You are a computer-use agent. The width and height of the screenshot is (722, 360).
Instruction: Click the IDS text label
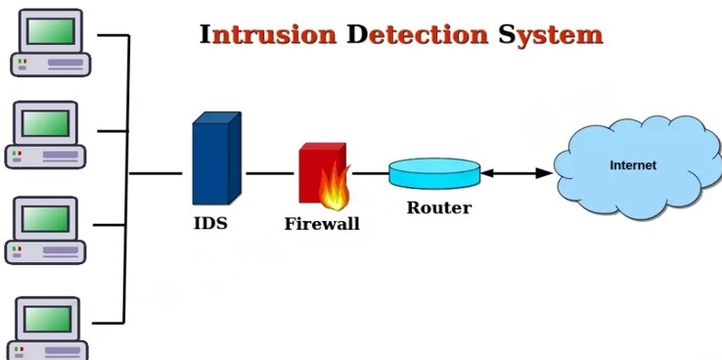click(209, 223)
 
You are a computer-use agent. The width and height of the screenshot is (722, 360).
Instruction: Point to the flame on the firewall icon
click(335, 189)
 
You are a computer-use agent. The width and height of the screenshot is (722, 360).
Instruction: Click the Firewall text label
click(322, 224)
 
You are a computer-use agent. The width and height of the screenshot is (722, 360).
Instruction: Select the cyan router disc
click(434, 174)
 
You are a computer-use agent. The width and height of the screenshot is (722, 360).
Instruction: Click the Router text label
click(438, 207)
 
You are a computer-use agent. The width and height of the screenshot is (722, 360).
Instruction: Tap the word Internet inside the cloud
click(633, 165)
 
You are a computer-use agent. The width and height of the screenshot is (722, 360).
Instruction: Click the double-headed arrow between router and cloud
click(517, 173)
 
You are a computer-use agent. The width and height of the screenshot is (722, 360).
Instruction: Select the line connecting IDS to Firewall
click(270, 173)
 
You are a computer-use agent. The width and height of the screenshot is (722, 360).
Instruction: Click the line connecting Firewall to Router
click(370, 173)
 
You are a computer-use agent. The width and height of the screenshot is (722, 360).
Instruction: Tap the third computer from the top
click(46, 230)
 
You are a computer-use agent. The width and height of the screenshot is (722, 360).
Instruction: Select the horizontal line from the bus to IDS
click(156, 173)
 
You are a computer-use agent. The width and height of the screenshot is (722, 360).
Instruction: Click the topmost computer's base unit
click(50, 64)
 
